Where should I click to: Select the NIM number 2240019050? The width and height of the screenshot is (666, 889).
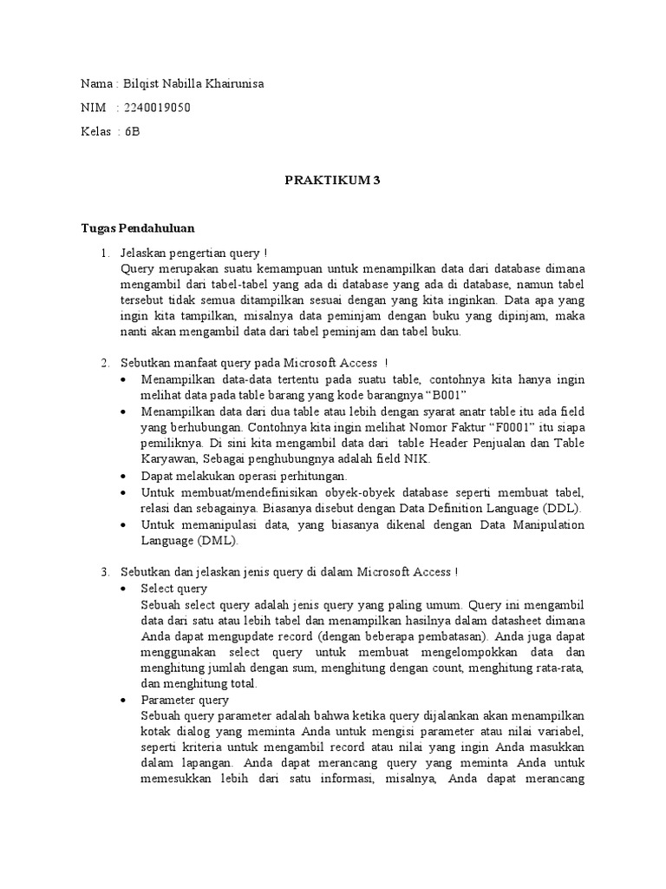pos(158,109)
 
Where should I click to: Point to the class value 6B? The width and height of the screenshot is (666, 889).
pos(132,132)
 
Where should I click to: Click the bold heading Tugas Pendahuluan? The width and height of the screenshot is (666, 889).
pos(138,228)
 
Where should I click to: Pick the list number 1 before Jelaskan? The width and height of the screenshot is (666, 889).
pos(104,253)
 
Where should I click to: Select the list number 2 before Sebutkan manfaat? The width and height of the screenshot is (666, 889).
pos(104,362)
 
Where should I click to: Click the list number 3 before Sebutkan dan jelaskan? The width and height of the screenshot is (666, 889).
pos(104,572)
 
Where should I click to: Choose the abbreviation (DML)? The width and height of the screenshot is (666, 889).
pos(217,540)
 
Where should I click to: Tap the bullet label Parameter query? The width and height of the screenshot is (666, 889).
pos(185,700)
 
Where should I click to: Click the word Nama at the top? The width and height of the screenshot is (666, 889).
pos(95,85)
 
